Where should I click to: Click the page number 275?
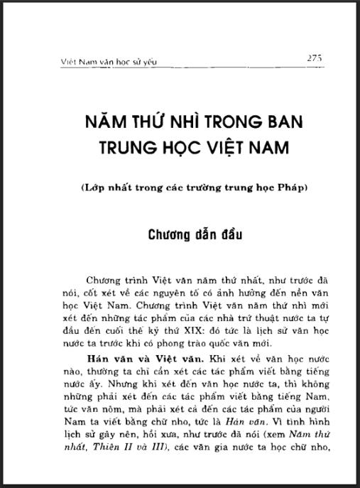[315, 58]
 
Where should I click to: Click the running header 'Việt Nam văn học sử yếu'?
[108, 62]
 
